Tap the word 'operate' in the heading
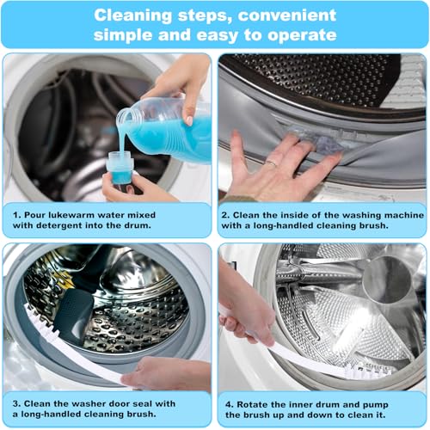pyautogui.click(x=298, y=34)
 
